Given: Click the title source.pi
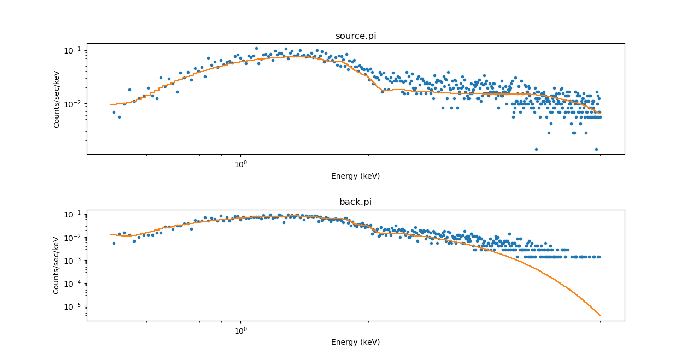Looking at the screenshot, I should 355,36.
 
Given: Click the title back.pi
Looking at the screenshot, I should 355,202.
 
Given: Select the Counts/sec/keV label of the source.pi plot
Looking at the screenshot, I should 57,99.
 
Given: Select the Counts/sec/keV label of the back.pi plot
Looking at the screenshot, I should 57,265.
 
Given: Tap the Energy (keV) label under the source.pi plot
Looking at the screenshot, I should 355,176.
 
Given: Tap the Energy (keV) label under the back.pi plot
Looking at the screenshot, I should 355,342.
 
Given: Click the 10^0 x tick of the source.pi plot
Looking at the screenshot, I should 240,164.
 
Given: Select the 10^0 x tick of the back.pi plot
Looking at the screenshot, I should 240,331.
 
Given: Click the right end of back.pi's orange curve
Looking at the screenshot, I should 600,315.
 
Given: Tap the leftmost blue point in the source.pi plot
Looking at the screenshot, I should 114,112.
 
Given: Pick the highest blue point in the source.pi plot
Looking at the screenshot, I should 256,48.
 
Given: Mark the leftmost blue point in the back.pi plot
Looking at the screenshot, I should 114,243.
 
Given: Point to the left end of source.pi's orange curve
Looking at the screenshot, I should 111,104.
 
